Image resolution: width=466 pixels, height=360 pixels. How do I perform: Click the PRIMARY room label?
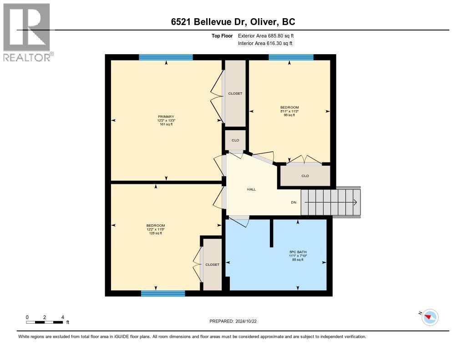[166, 117]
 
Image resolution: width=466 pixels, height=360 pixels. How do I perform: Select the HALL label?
[251, 189]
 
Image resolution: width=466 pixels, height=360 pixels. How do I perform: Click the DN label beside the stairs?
[294, 203]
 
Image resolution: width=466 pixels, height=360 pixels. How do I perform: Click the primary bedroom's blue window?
[166, 57]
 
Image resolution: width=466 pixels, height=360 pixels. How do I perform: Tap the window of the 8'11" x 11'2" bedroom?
[291, 57]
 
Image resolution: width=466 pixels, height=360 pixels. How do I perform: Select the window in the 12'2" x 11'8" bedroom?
[163, 294]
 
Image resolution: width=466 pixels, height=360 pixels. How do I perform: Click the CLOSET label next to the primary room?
[235, 93]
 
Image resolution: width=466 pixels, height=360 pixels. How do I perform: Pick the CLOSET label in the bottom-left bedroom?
[212, 264]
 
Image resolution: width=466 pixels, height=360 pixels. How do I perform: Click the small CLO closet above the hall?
[235, 140]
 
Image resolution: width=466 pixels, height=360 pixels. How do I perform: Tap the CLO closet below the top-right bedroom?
[305, 176]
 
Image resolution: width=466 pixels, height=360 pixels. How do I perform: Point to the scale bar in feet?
[45, 322]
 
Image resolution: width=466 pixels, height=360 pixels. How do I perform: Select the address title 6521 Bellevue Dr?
[233, 22]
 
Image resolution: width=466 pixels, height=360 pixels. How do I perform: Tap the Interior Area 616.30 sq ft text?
[265, 43]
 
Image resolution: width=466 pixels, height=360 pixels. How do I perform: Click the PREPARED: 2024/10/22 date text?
[236, 321]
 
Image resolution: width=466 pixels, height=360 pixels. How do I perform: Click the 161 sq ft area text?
[166, 124]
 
